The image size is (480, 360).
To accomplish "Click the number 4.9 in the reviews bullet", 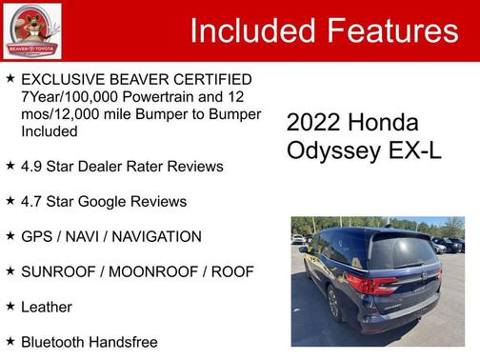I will pyautogui.click(x=33, y=167).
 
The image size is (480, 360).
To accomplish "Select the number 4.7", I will pyautogui.click(x=33, y=202).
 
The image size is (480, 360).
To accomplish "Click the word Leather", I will pyautogui.click(x=47, y=307).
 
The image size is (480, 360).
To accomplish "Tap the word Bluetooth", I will pyautogui.click(x=55, y=342).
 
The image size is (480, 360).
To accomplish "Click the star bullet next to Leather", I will pyautogui.click(x=10, y=306).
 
